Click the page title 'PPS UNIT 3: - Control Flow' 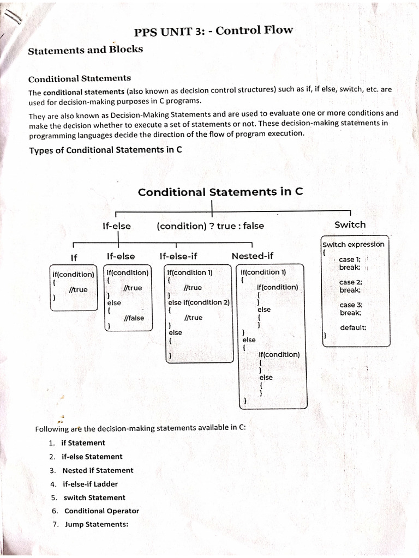pyautogui.click(x=213, y=31)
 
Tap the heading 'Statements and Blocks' pyautogui.click(x=86, y=50)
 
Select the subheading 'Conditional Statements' pyautogui.click(x=80, y=78)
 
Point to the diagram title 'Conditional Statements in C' pyautogui.click(x=220, y=192)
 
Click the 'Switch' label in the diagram pyautogui.click(x=350, y=225)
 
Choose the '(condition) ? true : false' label pyautogui.click(x=210, y=226)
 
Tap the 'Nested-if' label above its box pyautogui.click(x=253, y=256)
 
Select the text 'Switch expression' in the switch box pyautogui.click(x=354, y=244)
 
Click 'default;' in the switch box pyautogui.click(x=353, y=327)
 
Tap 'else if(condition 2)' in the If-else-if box pyautogui.click(x=199, y=302)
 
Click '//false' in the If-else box pyautogui.click(x=134, y=318)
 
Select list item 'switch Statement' pyautogui.click(x=94, y=498)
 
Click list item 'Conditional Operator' pyautogui.click(x=101, y=511)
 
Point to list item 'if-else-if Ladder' pyautogui.click(x=90, y=484)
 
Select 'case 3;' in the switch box pyautogui.click(x=351, y=305)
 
